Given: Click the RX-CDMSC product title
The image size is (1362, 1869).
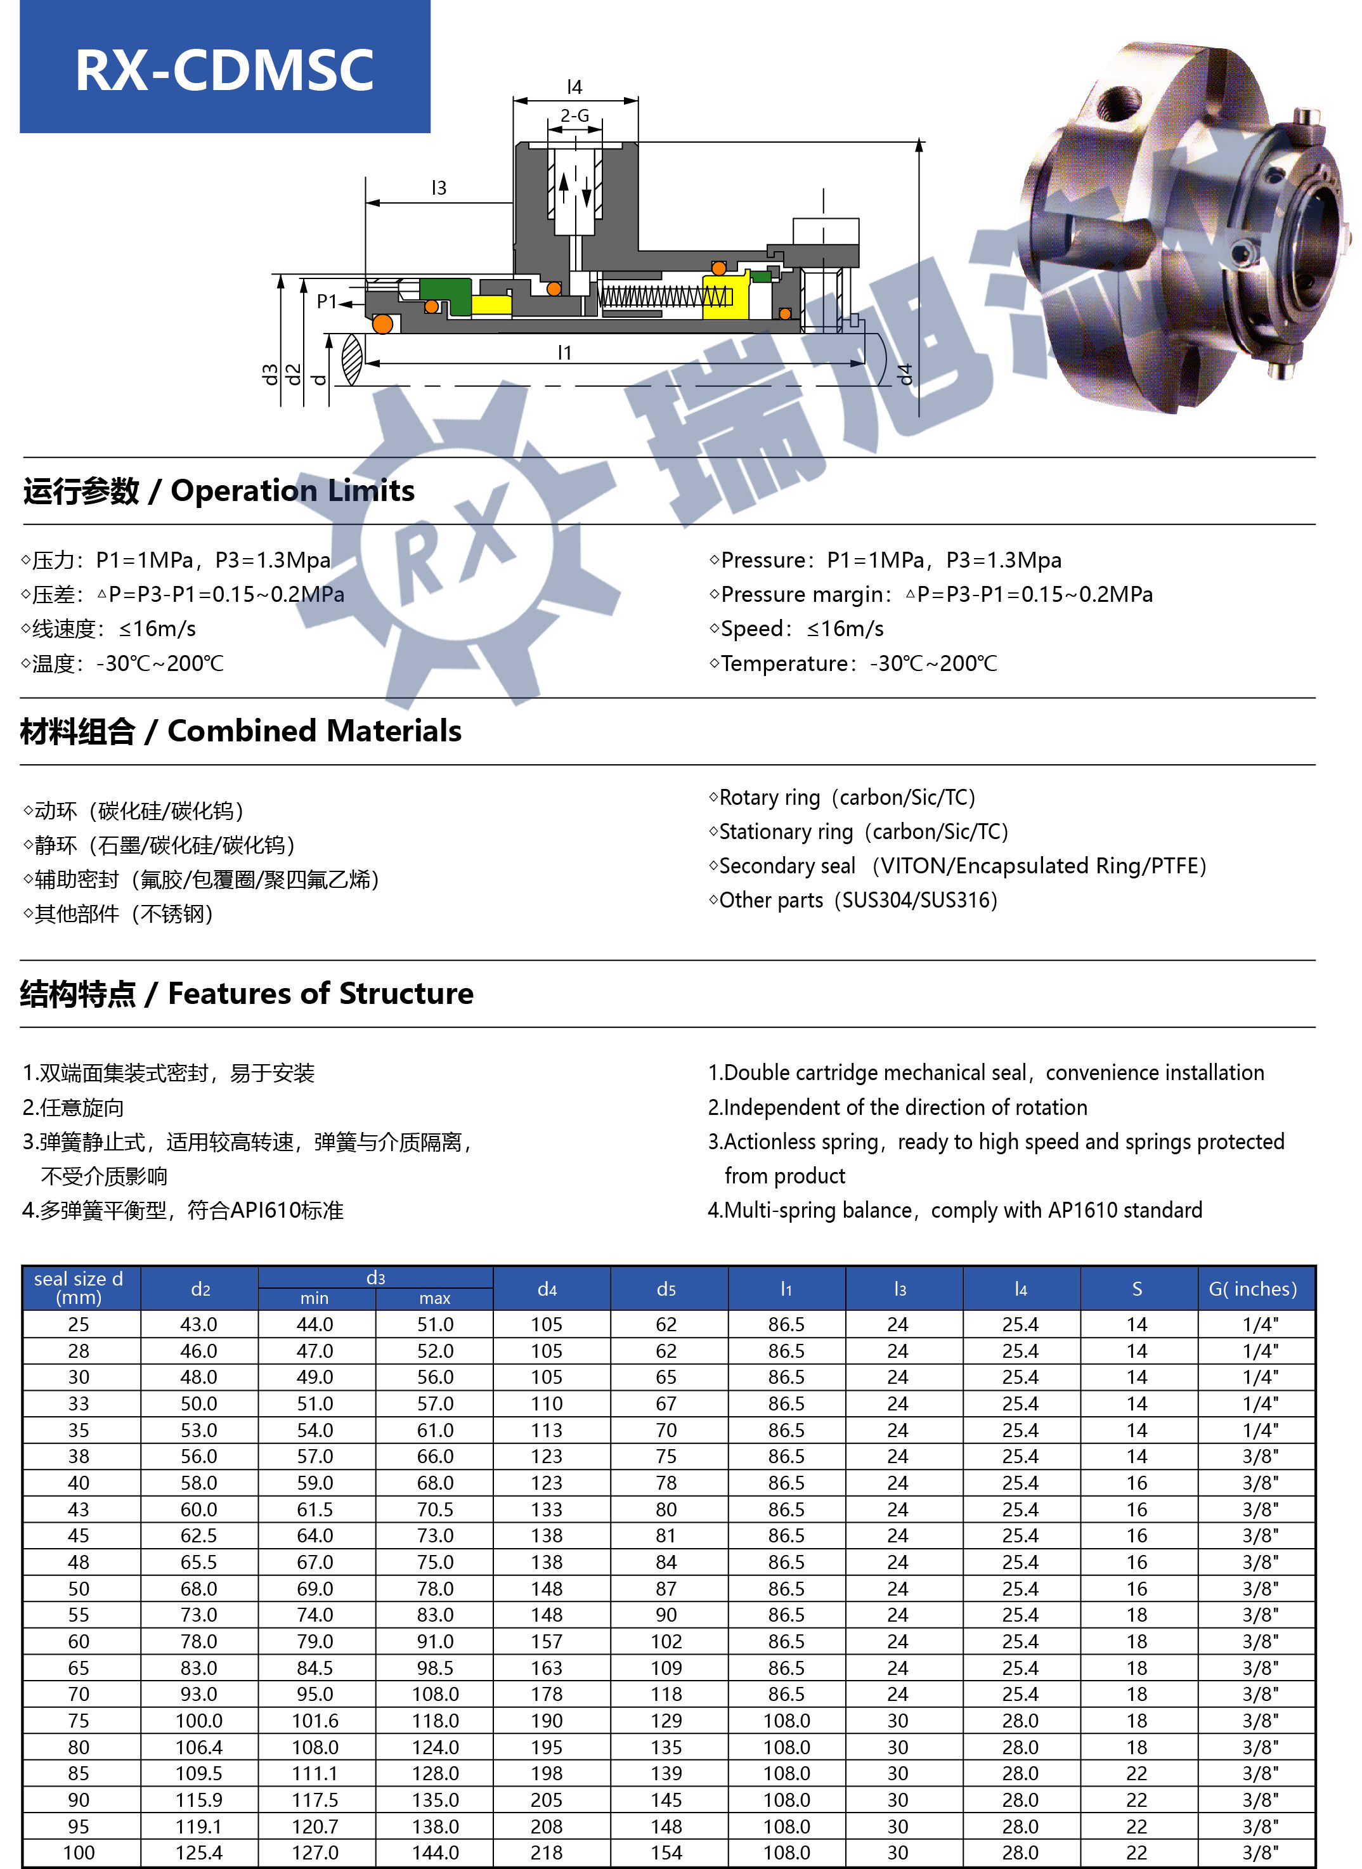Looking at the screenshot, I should pos(224,69).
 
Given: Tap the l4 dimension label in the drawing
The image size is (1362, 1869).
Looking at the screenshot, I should pos(574,86).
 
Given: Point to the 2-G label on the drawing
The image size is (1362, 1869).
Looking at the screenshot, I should pos(574,115).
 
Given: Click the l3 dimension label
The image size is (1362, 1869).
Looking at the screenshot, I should pos(439,188).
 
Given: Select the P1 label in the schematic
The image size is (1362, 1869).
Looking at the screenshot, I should pos(327,302).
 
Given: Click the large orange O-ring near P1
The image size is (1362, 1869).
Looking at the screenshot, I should pos(382,324).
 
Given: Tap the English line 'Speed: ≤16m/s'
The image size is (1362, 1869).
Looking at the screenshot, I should pos(796,629).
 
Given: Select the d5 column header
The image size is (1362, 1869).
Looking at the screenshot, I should pos(666,1289).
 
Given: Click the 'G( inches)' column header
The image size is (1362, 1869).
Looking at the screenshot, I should pos(1252,1289).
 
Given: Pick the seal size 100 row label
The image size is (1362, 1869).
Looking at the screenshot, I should pos(79,1853).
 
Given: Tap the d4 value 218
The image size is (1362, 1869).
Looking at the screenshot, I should pos(547,1853).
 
